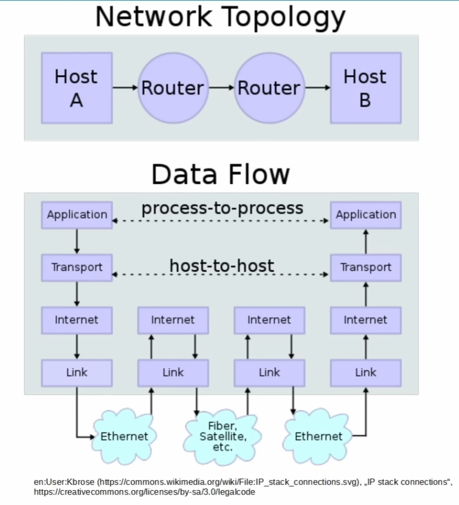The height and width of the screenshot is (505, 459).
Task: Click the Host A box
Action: point(77,88)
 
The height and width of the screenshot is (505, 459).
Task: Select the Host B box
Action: point(365,88)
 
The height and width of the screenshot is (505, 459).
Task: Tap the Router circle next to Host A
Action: point(172,88)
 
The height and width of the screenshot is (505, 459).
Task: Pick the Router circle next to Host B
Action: point(269,88)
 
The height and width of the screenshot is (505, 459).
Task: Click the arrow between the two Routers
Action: point(221,88)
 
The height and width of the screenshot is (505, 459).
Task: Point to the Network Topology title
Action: point(220,16)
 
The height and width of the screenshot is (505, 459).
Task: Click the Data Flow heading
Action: point(220,175)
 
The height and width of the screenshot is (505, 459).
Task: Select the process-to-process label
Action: point(222,209)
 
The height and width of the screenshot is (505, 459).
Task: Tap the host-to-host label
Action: point(222,266)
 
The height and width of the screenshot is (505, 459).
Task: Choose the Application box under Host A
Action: point(77,215)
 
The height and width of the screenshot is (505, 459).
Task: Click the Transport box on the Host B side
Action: point(365,267)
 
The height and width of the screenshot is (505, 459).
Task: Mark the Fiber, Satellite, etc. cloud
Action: point(223,436)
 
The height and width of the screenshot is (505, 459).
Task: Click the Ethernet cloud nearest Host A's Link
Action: point(124,436)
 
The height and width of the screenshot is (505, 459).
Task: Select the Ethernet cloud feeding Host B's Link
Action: point(318,436)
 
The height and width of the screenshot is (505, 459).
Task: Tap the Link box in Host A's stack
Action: point(77,373)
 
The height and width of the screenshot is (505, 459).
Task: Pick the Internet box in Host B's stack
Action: point(365,320)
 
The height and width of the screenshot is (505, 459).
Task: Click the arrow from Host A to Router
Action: point(124,88)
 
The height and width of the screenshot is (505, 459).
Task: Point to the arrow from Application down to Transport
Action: point(77,241)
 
